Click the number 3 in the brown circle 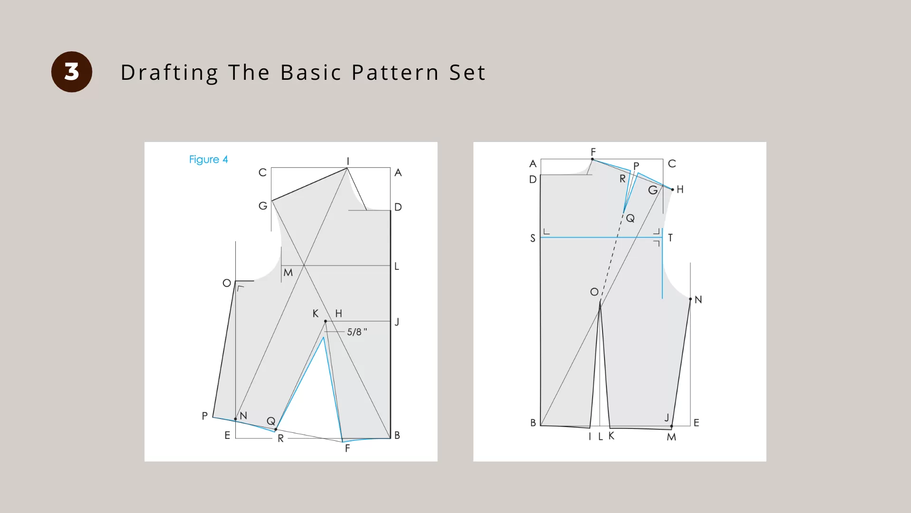72,72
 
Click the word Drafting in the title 169,73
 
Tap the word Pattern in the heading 395,73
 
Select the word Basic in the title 311,73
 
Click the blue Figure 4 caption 208,160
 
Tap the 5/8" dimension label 357,332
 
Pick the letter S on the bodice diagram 533,238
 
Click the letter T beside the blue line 670,238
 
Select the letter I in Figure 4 348,161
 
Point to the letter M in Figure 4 288,273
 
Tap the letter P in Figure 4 205,416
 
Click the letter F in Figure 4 347,448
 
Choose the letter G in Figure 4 263,206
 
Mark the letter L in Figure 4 397,266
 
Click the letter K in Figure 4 316,313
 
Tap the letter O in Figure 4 227,284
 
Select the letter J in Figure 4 397,322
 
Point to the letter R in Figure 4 281,439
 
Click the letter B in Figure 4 397,436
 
